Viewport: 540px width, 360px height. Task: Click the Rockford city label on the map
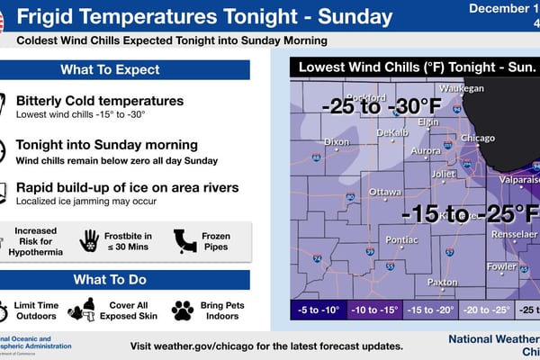[364, 97]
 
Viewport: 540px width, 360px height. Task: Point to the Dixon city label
[337, 141]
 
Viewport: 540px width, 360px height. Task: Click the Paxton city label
[443, 282]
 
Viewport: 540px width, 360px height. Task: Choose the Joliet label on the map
[445, 174]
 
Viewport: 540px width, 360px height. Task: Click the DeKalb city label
[392, 132]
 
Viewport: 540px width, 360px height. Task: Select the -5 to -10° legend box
[317, 310]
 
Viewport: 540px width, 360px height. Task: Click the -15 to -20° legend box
[432, 310]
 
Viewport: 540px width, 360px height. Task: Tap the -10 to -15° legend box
[374, 310]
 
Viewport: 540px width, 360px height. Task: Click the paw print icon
[183, 310]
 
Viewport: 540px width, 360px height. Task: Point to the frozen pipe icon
[185, 238]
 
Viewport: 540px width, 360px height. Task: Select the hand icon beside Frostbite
[89, 239]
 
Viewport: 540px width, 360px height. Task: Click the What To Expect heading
[110, 69]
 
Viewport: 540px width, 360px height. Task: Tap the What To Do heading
[110, 279]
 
